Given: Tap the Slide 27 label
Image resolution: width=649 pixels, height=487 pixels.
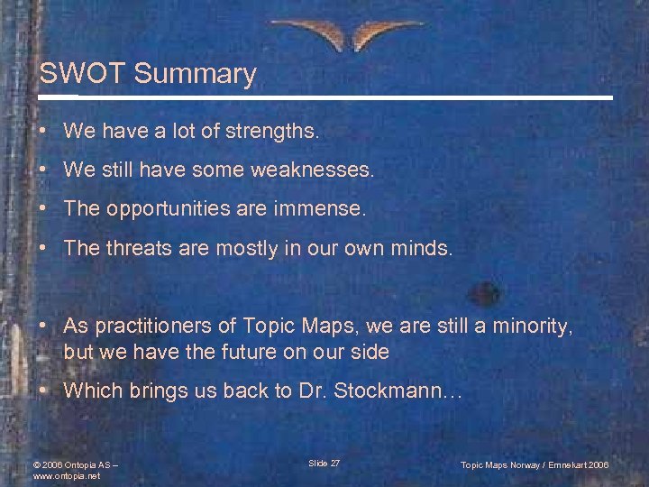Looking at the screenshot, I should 324,464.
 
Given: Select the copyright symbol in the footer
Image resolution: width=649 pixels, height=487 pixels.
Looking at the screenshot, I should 36,465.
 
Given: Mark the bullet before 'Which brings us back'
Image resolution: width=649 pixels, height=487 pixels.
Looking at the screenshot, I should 43,391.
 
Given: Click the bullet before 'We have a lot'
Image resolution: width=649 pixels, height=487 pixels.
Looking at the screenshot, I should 43,132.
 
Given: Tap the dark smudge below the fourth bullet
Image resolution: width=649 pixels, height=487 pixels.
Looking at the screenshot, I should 486,293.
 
